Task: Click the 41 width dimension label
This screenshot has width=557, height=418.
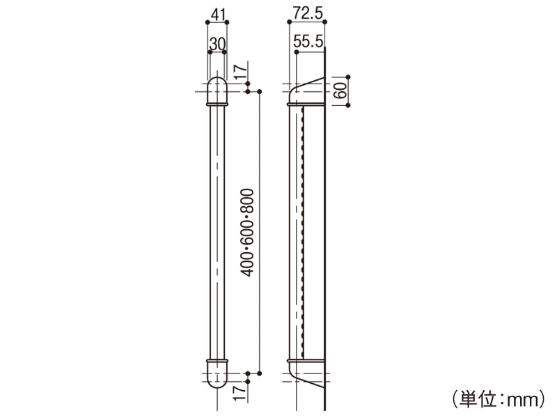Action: point(217,12)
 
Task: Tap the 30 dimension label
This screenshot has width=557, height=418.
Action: point(217,43)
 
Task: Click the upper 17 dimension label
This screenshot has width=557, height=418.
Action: point(237,72)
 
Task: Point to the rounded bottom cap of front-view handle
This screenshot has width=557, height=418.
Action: point(217,378)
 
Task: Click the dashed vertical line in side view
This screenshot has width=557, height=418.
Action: point(304,230)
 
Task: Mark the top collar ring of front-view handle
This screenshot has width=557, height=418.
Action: point(217,104)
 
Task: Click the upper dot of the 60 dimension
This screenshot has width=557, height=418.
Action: point(348,77)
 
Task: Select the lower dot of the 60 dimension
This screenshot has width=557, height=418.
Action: point(348,105)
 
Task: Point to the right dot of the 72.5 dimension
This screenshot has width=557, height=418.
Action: point(326,22)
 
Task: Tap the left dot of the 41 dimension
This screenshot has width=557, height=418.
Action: point(207,22)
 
